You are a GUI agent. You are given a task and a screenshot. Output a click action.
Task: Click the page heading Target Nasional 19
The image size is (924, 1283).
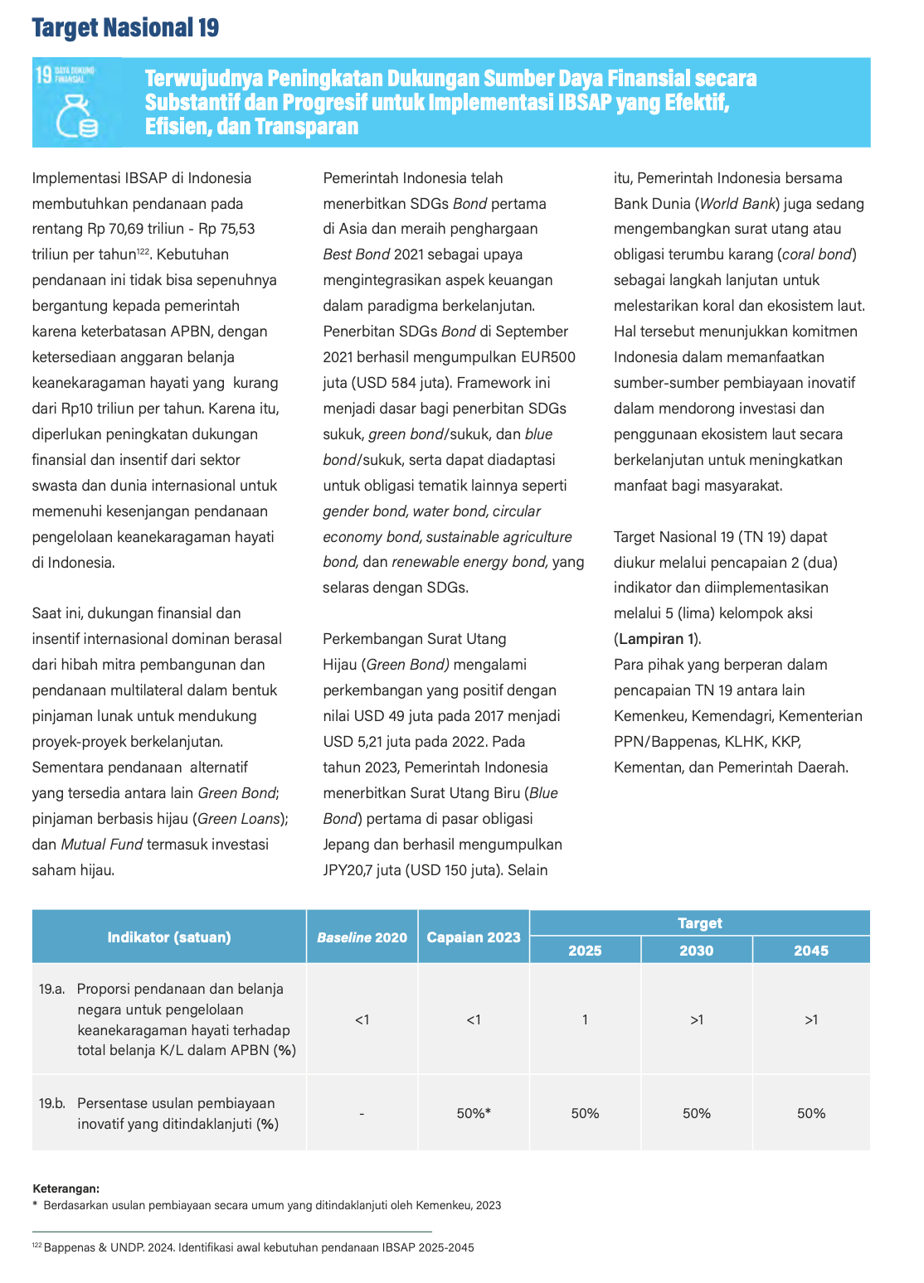point(125,28)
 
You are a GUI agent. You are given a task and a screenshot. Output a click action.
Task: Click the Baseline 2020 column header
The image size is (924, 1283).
point(362,937)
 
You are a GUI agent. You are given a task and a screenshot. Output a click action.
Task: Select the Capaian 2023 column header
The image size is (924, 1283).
point(474,937)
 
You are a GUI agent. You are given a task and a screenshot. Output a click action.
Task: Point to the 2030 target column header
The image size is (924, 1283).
point(696,951)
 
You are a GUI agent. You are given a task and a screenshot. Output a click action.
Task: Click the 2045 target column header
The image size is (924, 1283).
point(810,951)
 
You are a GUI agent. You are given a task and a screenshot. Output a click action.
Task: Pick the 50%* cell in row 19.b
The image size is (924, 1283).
point(474,1113)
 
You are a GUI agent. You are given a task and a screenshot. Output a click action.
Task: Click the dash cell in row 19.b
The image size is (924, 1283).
point(362,1114)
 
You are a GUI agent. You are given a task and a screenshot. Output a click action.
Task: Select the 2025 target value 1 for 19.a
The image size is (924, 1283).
point(585,1019)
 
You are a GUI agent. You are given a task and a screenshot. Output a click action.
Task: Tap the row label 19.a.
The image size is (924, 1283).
point(51,989)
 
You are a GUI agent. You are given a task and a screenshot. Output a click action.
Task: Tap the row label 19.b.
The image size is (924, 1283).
point(51,1103)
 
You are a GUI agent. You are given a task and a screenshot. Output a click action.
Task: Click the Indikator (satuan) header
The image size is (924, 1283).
point(169,937)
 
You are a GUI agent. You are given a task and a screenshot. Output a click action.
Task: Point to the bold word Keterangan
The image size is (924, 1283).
point(66,1189)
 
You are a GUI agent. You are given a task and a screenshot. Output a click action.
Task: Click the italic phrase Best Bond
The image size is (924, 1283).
point(357,254)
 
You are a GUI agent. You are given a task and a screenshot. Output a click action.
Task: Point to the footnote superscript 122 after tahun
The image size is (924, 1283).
point(143,251)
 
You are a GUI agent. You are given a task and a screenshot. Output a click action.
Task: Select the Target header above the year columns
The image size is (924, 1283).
point(699,923)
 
